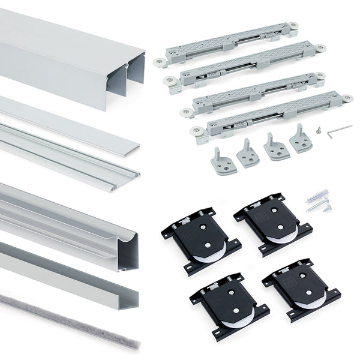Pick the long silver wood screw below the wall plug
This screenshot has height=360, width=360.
[x=317, y=208]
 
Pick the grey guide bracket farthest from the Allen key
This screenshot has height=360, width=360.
[x=223, y=160]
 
